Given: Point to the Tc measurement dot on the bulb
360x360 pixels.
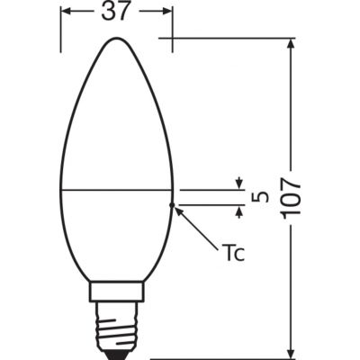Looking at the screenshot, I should tap(173, 206).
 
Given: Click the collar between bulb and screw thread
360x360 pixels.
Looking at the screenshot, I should tap(116, 292).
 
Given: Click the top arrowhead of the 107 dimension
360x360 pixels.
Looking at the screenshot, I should tap(291, 45).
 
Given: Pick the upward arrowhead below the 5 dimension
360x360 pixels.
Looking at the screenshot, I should tap(240, 211).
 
